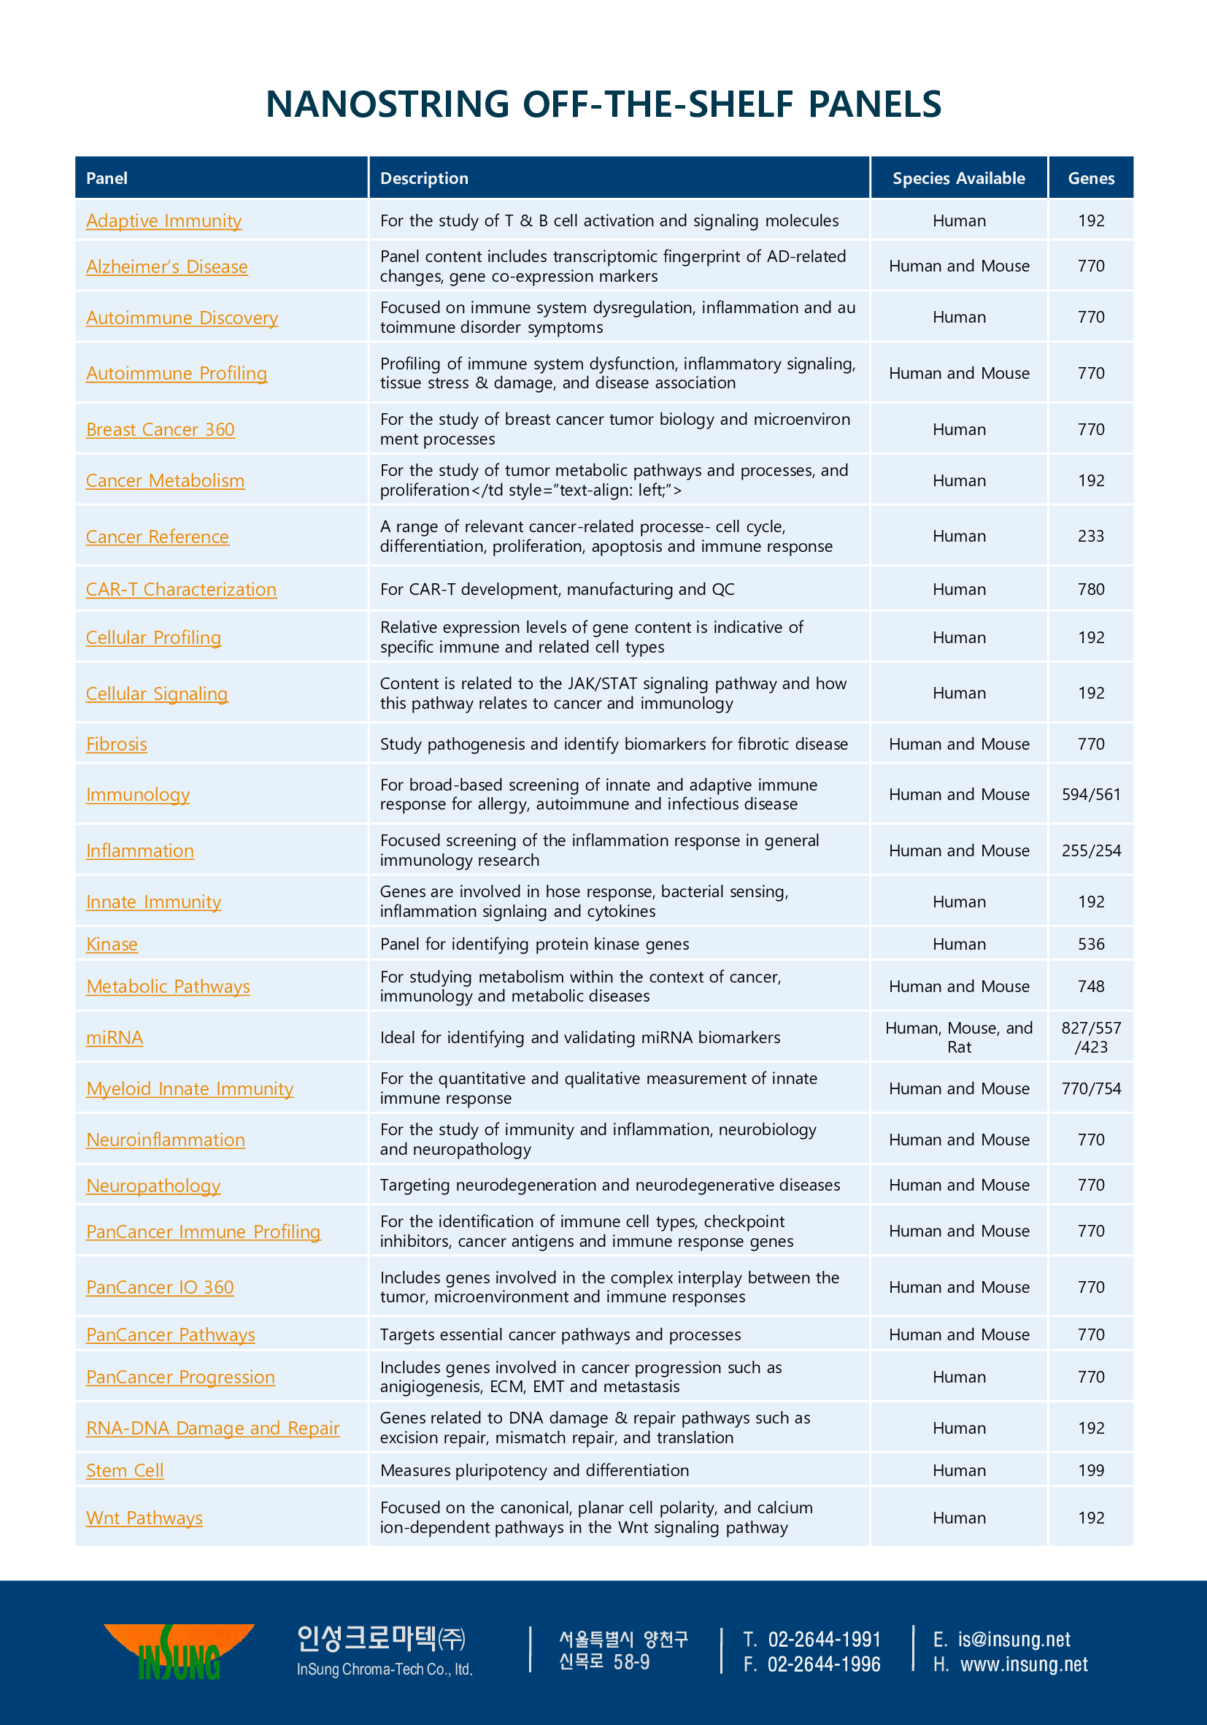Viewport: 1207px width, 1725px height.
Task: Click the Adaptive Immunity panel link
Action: coord(163,221)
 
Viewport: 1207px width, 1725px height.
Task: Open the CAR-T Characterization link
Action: coord(181,590)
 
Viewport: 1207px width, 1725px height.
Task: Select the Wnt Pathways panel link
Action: coord(144,1518)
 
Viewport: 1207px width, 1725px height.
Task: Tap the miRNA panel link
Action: coord(114,1037)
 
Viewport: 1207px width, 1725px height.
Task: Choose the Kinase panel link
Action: coord(112,945)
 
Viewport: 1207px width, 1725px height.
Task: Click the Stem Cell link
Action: coord(125,1470)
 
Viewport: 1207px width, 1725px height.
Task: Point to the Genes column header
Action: coord(1090,178)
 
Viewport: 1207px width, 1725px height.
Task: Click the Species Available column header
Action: coord(958,178)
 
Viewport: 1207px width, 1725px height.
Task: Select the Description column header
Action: coord(425,178)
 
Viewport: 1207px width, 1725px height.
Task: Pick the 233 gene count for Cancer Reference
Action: coord(1090,537)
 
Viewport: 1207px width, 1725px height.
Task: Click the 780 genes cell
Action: coord(1090,590)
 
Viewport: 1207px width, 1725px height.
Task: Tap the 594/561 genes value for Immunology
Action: coord(1090,795)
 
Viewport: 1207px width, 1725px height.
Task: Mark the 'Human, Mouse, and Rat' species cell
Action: coord(958,1037)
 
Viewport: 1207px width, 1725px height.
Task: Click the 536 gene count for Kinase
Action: coord(1090,945)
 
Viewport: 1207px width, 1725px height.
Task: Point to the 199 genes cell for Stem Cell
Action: coord(1090,1470)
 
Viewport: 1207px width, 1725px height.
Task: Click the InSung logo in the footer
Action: coord(180,1651)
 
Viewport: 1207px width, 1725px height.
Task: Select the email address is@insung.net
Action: coord(1013,1640)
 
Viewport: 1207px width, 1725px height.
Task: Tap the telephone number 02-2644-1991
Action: coord(823,1640)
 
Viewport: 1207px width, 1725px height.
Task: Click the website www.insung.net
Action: coord(1024,1664)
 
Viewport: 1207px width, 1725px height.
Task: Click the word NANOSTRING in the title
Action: coord(387,104)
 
